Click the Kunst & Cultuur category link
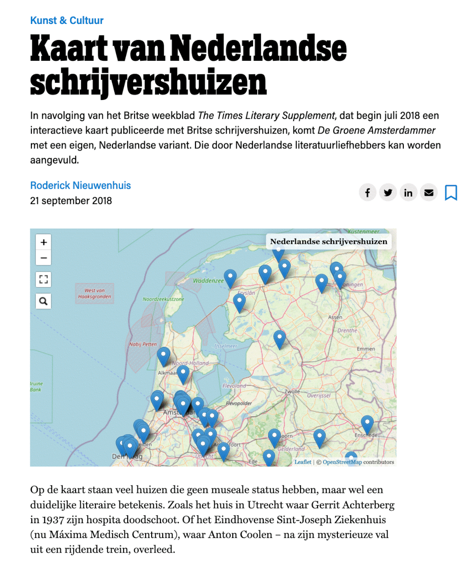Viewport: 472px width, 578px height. [x=67, y=20]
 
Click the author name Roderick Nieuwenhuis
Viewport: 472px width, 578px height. [x=80, y=185]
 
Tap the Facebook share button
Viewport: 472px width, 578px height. [x=367, y=193]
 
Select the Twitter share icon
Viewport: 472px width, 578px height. [x=388, y=193]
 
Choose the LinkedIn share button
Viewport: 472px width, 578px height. [x=408, y=193]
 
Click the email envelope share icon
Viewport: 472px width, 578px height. [x=429, y=193]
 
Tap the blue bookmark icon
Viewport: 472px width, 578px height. [x=451, y=193]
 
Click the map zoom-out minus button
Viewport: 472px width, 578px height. [x=44, y=258]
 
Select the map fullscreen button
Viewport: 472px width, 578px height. [x=44, y=279]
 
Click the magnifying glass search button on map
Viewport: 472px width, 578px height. [x=44, y=301]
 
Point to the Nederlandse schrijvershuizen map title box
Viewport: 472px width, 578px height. [x=329, y=241]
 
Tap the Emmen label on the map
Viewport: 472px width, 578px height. [x=366, y=349]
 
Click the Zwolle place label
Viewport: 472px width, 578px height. [x=292, y=391]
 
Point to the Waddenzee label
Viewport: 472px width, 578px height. [x=208, y=280]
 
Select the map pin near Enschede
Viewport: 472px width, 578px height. [x=367, y=424]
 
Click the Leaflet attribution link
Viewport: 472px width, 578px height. [x=303, y=462]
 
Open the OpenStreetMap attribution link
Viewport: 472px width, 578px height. [x=342, y=462]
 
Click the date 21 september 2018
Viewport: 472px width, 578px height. [x=71, y=201]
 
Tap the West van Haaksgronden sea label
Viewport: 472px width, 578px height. [x=94, y=293]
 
